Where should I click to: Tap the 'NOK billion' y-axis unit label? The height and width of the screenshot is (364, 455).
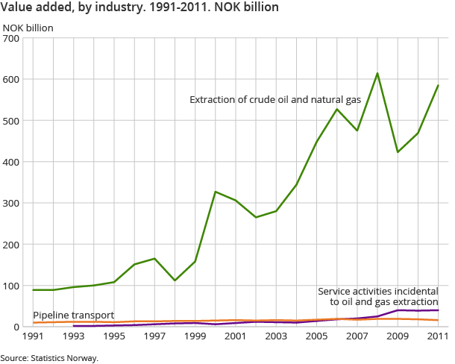coord(28,28)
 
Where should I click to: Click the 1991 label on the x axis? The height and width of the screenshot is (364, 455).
coord(34,337)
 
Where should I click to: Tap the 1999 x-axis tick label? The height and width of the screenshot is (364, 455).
coord(195,337)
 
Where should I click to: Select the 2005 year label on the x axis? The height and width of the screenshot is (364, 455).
coord(316,337)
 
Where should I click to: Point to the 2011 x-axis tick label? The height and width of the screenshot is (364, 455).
coord(437,337)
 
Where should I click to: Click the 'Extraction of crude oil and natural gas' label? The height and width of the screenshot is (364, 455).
coord(276,99)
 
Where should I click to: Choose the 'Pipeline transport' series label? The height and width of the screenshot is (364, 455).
coord(74,316)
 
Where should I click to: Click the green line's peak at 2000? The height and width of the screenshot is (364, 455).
coord(216,192)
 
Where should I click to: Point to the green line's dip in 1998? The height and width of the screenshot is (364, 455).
coord(175,280)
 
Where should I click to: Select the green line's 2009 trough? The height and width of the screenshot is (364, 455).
coord(398,152)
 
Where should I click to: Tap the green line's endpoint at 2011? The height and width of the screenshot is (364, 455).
coord(438,85)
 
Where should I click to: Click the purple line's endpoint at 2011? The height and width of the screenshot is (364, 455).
coord(438,310)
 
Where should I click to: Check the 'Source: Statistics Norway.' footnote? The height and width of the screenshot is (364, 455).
coord(49,358)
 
